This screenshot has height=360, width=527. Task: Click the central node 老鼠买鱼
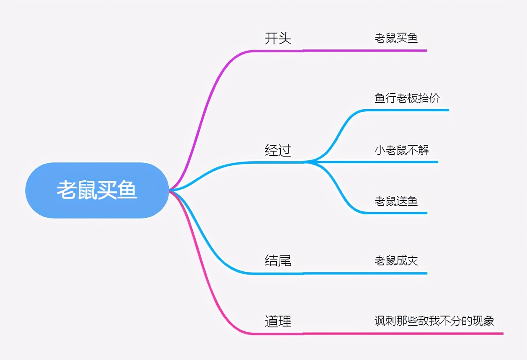(x=97, y=190)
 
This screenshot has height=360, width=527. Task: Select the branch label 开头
(x=278, y=39)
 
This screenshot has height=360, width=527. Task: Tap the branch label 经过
(x=278, y=150)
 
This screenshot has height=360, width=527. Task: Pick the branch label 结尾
(x=278, y=260)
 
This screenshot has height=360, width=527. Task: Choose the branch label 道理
(x=278, y=321)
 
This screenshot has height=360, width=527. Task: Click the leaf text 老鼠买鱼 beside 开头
(x=396, y=38)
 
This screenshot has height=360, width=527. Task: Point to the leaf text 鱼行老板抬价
(x=407, y=98)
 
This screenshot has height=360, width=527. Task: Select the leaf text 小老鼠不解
(x=402, y=150)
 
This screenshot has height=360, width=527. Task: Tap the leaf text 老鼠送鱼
(x=396, y=201)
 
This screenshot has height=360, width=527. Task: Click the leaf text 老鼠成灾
(x=396, y=261)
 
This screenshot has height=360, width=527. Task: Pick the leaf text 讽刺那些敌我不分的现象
(x=434, y=321)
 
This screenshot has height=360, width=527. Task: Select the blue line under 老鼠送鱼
(x=396, y=213)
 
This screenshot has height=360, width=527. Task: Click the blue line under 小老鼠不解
(x=377, y=162)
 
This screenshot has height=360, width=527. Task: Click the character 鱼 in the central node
(x=127, y=190)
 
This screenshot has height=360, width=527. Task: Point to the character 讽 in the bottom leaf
(x=380, y=321)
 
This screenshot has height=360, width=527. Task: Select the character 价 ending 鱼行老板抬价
(x=434, y=98)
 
